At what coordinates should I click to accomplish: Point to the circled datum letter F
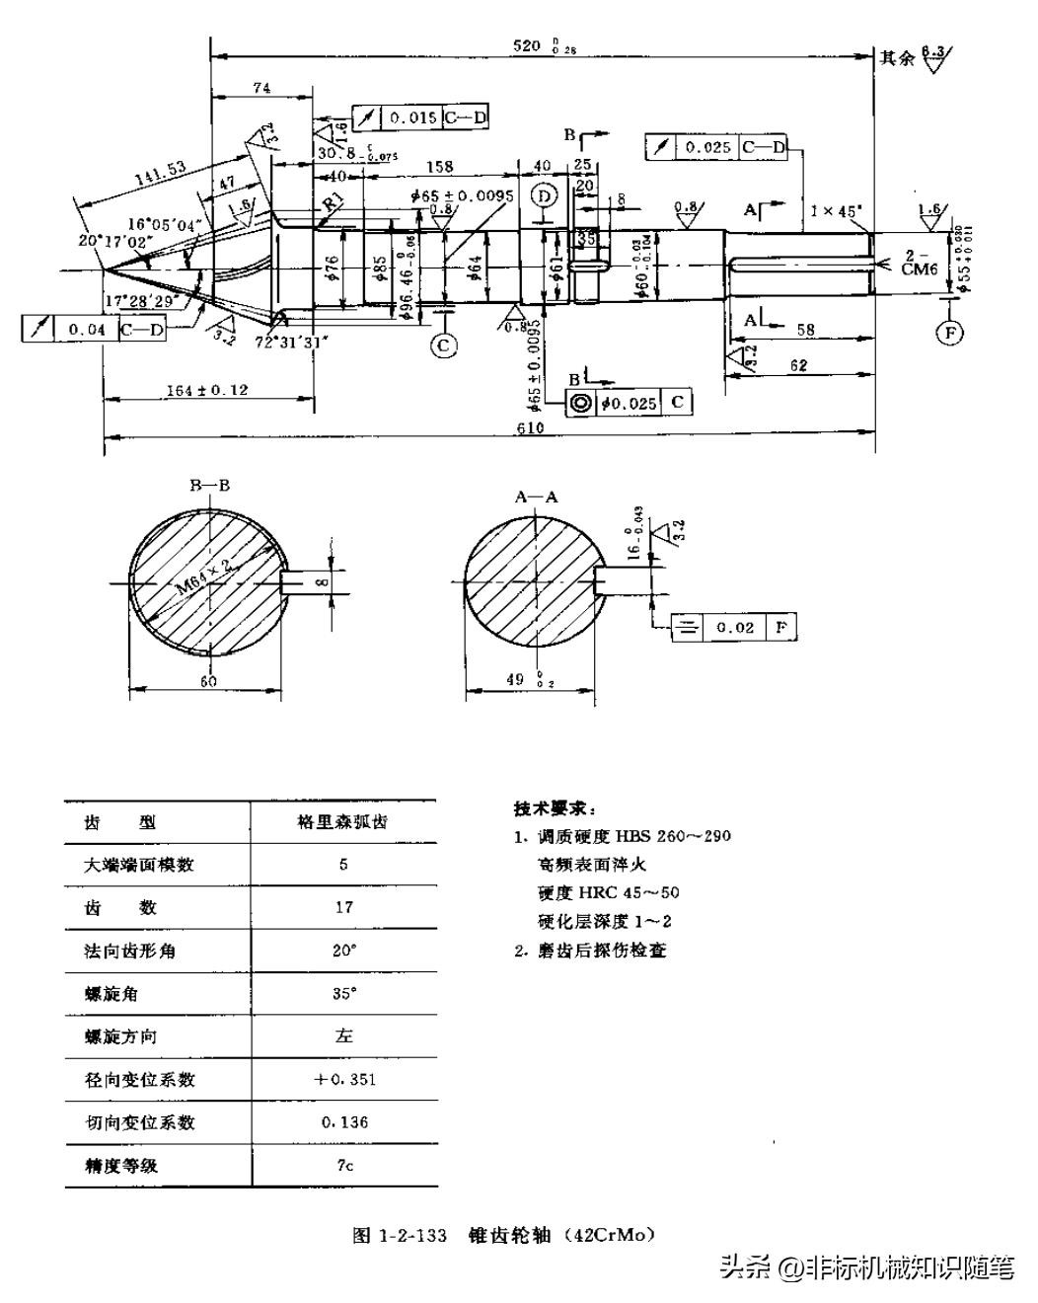click(949, 333)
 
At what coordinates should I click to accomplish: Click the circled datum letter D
click(544, 195)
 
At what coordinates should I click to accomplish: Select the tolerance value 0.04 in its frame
click(87, 330)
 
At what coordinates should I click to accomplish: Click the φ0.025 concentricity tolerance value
click(629, 403)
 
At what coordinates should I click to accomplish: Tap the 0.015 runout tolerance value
click(412, 117)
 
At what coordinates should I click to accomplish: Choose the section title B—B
click(210, 485)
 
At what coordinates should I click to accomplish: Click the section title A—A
click(536, 497)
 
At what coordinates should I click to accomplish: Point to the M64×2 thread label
click(203, 577)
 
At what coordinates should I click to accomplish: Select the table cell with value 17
click(343, 907)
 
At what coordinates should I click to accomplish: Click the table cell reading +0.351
click(343, 1079)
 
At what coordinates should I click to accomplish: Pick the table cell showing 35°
click(343, 993)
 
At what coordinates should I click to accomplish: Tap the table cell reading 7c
click(343, 1165)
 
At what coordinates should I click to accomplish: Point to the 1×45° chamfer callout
click(836, 210)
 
